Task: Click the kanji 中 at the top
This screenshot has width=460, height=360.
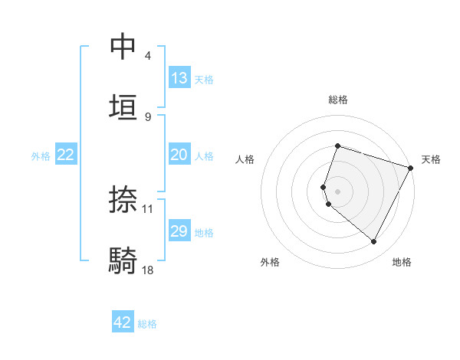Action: pos(123,46)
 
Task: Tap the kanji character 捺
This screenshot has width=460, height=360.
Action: pos(123,199)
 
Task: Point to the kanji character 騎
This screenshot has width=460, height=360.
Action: pos(123,260)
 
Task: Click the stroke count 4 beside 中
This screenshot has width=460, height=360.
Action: pos(148,56)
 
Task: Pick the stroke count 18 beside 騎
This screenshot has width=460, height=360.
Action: pos(148,270)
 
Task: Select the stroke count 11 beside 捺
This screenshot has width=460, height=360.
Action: pos(148,208)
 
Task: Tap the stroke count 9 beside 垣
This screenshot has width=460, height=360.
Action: pos(148,116)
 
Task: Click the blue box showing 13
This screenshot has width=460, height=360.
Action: pos(179,78)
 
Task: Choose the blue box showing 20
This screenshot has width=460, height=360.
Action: pos(179,155)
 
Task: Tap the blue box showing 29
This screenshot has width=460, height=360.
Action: pos(179,231)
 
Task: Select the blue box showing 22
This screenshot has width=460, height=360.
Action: pos(66,155)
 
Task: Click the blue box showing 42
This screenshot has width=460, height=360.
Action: pos(123,322)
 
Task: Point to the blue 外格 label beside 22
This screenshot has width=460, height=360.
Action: pos(41,156)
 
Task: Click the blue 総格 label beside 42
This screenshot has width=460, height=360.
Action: pos(147,324)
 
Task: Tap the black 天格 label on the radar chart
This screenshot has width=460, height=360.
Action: pos(431,159)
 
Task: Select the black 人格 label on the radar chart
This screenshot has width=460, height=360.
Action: pos(245,159)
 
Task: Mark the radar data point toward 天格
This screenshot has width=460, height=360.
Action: pos(410,167)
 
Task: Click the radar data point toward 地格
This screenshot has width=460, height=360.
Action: pos(374,241)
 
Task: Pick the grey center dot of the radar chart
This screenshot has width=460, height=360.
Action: pos(337,191)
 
